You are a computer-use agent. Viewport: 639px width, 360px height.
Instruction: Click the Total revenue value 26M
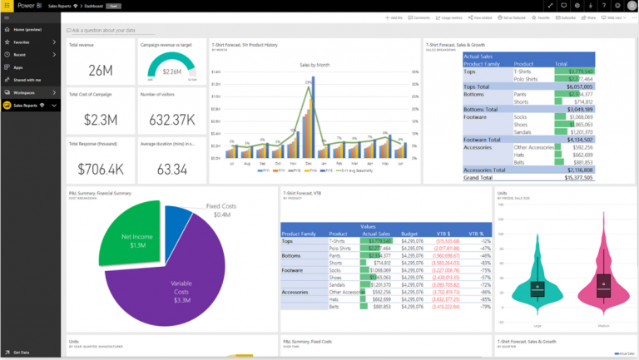tap(100, 70)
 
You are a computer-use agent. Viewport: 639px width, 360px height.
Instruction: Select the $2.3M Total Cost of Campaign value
tap(100, 119)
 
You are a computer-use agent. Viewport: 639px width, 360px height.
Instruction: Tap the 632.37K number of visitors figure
tap(170, 120)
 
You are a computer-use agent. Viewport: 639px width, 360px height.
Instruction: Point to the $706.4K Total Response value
tap(100, 170)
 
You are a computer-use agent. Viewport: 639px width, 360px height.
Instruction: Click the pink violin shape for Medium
tap(605, 287)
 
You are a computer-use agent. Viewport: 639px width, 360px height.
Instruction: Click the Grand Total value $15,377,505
tap(575, 177)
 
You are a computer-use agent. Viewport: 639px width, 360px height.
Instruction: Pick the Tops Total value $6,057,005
tap(575, 86)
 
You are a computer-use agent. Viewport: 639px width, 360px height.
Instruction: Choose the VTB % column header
tap(476, 234)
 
